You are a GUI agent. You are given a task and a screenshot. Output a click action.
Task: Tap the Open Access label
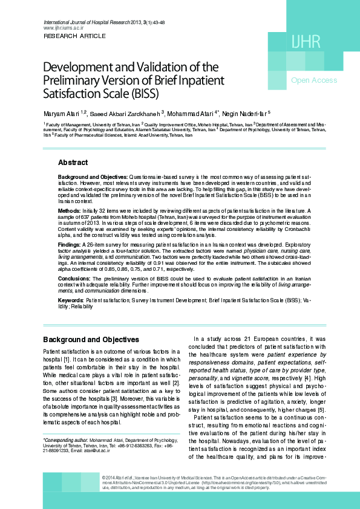(x=314, y=80)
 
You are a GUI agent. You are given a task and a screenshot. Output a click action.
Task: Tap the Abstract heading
(x=73, y=163)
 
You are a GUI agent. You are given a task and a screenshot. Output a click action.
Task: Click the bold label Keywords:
(x=71, y=300)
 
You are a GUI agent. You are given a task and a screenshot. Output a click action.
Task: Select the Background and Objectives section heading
(x=91, y=340)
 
